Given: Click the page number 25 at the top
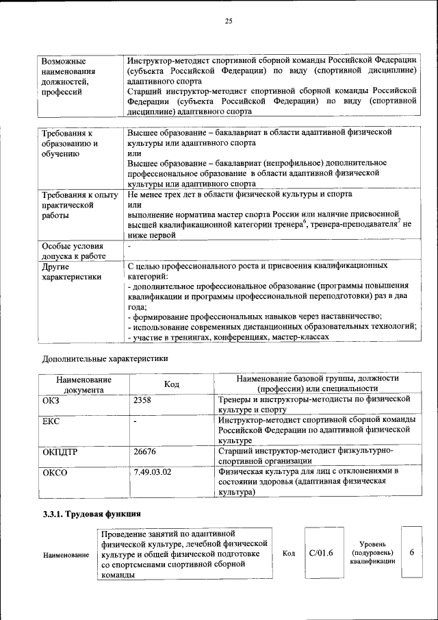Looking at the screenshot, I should tap(229, 21).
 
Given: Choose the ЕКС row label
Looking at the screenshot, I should tap(51, 420).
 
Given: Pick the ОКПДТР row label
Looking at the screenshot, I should tap(60, 452).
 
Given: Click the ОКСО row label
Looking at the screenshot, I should tap(55, 472).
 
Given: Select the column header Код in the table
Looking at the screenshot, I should tap(172, 384).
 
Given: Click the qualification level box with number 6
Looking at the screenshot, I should tap(411, 553).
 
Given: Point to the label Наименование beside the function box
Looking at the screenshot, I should tap(66, 554).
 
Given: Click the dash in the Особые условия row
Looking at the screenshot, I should tap(129, 245).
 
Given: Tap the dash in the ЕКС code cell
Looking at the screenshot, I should tap(136, 421).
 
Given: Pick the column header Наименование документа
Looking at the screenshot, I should tap(83, 384).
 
